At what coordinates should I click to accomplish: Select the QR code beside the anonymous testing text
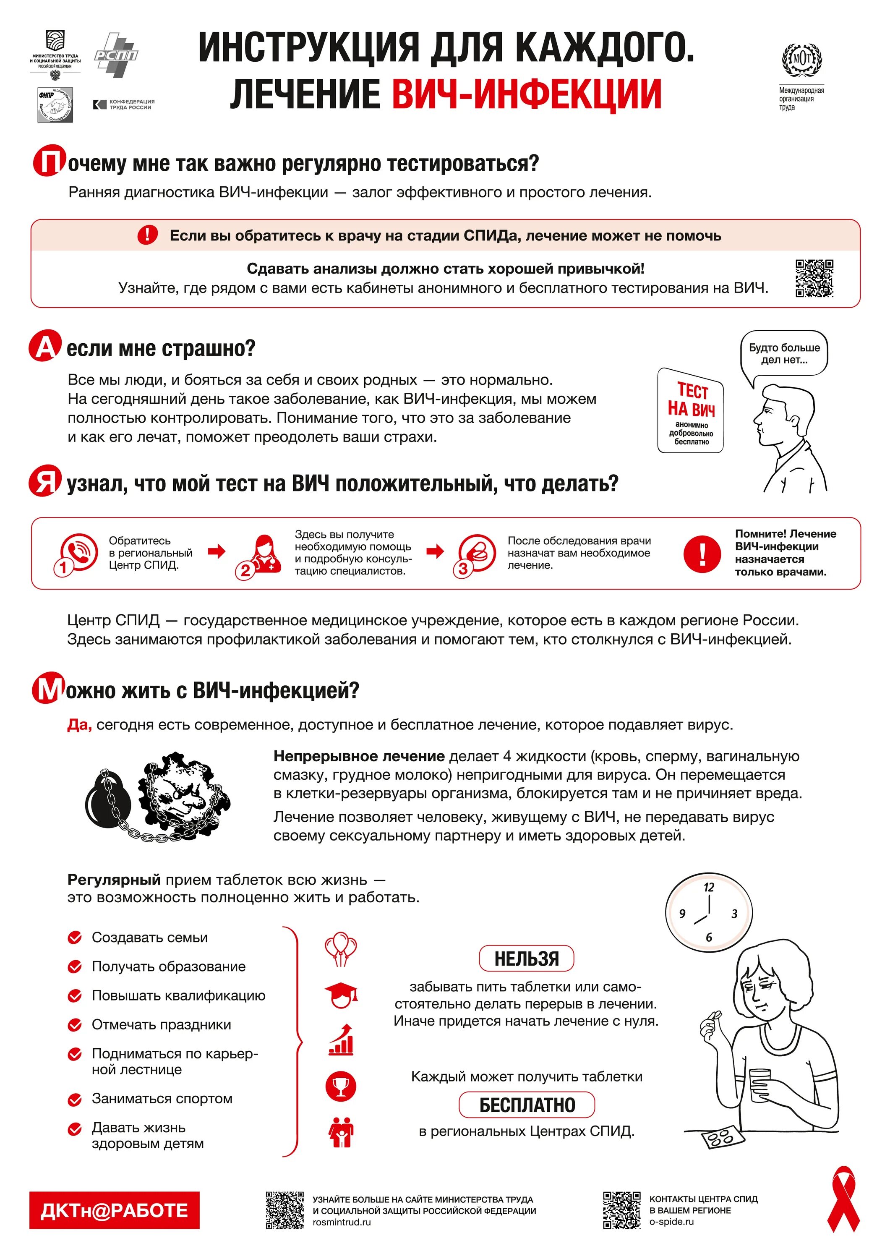[x=814, y=279]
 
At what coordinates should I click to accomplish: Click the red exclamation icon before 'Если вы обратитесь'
[x=147, y=235]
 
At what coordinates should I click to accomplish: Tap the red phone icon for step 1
[x=79, y=551]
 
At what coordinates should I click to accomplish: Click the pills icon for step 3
[x=477, y=551]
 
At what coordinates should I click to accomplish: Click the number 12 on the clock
[x=709, y=887]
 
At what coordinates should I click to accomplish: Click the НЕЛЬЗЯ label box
[x=527, y=959]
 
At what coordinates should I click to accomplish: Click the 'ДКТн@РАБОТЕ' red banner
[x=114, y=1210]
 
